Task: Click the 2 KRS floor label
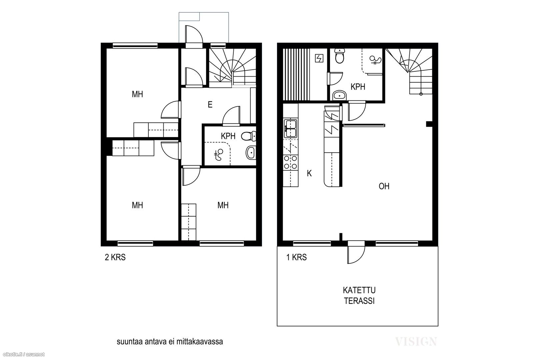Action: [x=115, y=258]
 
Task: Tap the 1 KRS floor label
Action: [x=296, y=257]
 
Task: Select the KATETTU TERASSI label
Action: [x=359, y=295]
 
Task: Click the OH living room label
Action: [x=384, y=186]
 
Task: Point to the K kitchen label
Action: [x=309, y=173]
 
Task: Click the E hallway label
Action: [x=210, y=105]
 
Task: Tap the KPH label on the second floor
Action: [x=228, y=136]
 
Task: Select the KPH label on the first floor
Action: [x=358, y=87]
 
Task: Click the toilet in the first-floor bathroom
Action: [x=340, y=56]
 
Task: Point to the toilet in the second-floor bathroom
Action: [x=249, y=136]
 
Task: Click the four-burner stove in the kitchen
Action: [x=290, y=162]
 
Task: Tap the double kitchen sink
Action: [x=290, y=128]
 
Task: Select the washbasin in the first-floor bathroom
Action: [x=339, y=96]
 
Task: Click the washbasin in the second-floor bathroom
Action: [x=251, y=152]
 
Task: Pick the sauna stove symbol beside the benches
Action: [x=319, y=58]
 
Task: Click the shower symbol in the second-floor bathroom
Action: [x=219, y=155]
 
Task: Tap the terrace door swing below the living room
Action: [x=356, y=255]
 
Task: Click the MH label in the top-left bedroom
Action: [x=137, y=94]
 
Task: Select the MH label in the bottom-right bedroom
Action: [x=223, y=205]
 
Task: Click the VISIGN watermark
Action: [x=416, y=341]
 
